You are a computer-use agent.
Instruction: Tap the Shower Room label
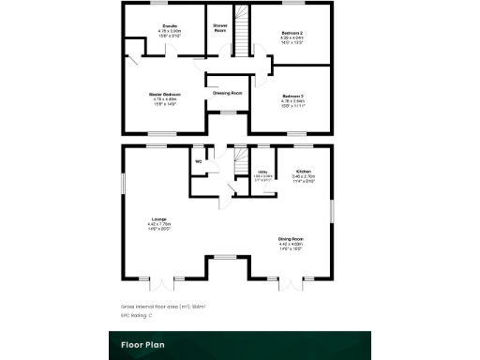pyautogui.click(x=220, y=28)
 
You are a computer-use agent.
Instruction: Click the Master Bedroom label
pyautogui.click(x=165, y=95)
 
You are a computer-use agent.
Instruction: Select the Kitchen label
pyautogui.click(x=303, y=172)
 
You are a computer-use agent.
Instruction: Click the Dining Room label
pyautogui.click(x=290, y=238)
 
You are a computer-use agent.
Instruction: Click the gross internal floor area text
pyautogui.click(x=162, y=306)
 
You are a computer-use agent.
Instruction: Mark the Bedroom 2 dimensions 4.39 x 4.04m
pyautogui.click(x=292, y=37)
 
